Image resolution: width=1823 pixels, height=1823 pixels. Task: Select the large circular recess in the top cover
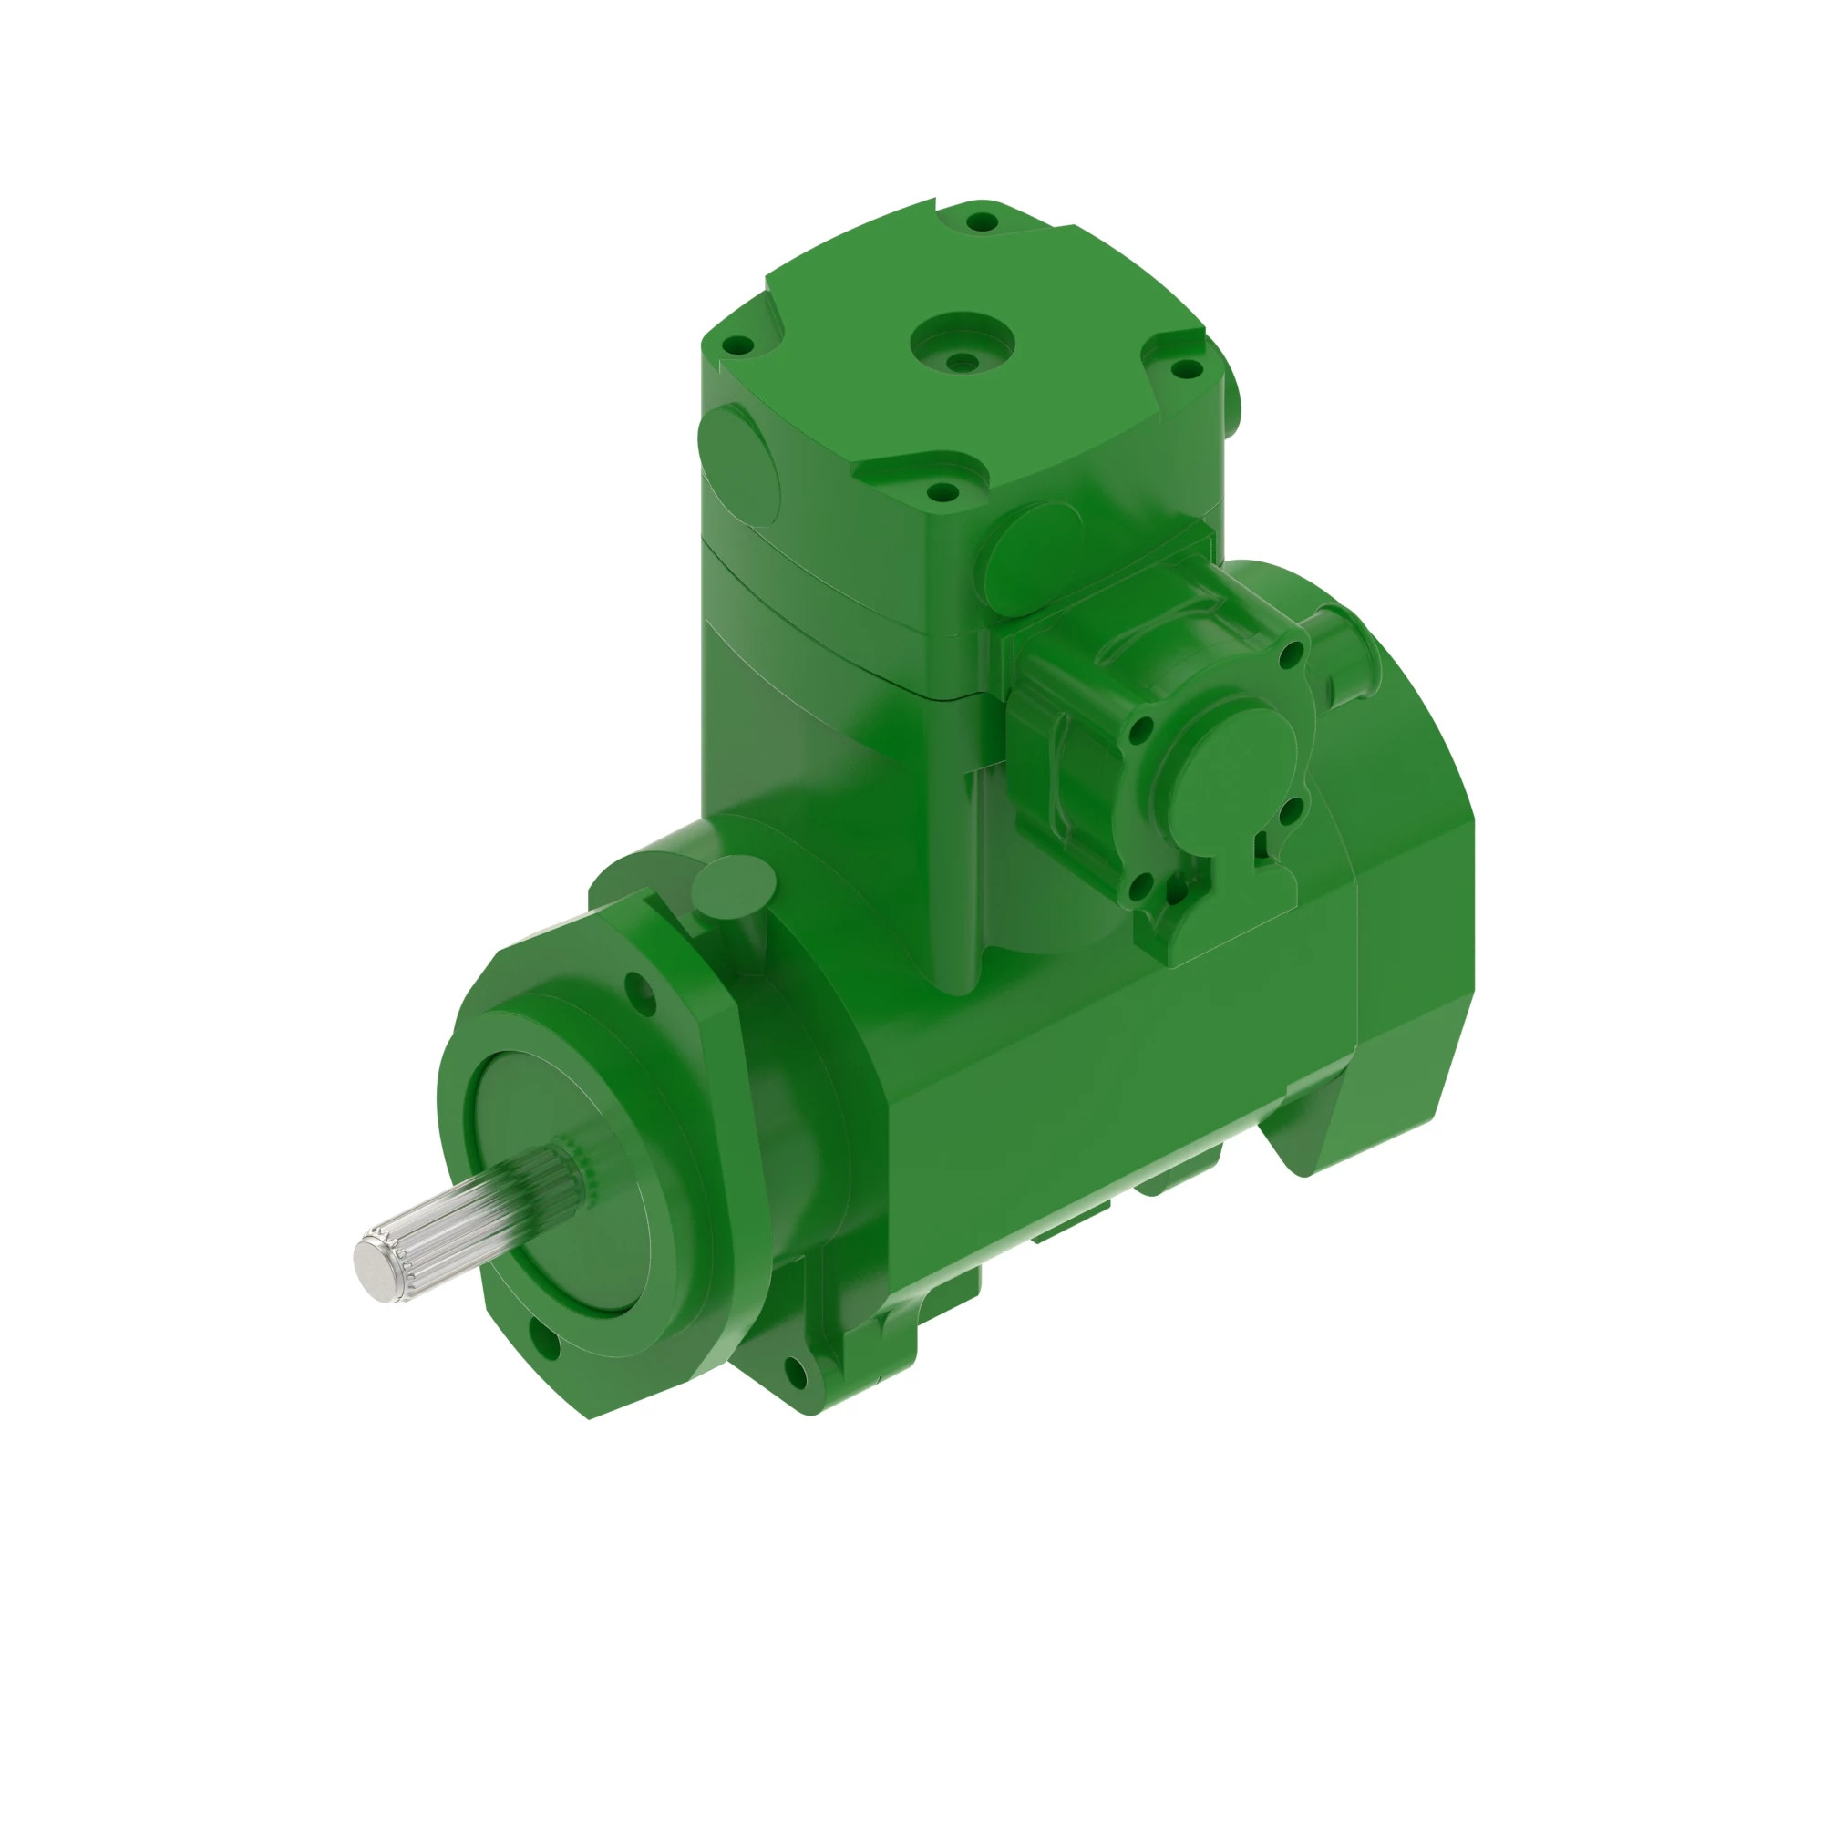962,342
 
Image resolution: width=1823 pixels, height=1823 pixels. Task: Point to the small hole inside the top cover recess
962,361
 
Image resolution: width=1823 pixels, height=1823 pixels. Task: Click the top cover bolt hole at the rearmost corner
983,222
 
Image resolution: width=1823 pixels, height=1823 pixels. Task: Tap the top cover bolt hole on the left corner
741,346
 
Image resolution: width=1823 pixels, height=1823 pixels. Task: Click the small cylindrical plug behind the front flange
733,887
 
